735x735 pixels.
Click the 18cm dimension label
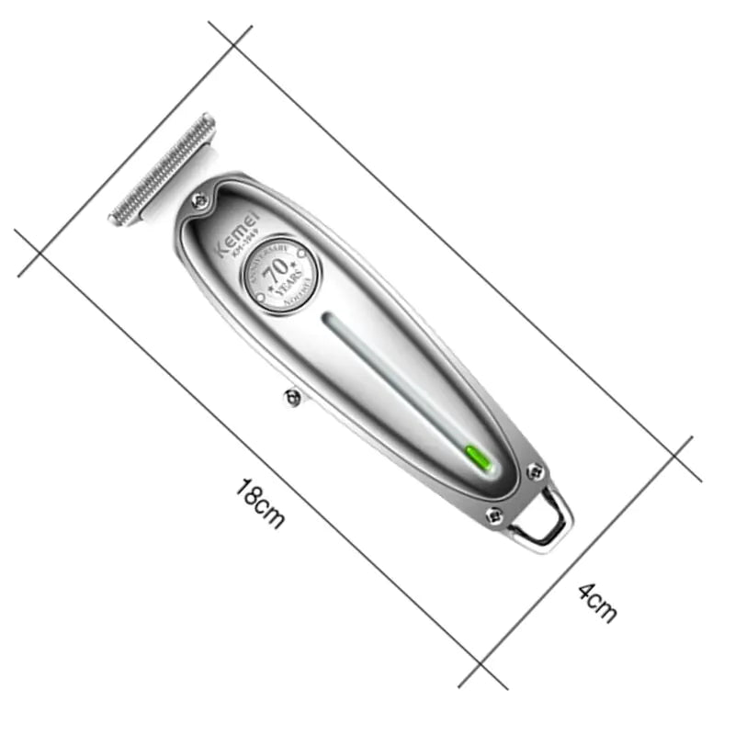(258, 503)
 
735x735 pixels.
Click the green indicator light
(479, 456)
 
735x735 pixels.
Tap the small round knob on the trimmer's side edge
(292, 397)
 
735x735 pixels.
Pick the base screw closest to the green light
(534, 471)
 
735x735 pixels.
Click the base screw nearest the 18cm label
(493, 516)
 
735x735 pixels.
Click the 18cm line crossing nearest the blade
(40, 252)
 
